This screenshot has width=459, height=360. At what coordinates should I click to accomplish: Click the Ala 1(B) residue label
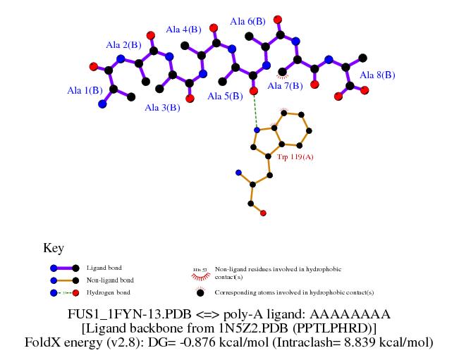(x=85, y=90)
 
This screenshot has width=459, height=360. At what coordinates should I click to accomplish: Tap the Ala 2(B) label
(x=123, y=45)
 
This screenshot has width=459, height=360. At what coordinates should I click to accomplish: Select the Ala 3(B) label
(x=162, y=108)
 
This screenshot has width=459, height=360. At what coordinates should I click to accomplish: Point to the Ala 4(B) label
(x=183, y=30)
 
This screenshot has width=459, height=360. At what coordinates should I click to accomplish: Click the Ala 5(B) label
(x=224, y=96)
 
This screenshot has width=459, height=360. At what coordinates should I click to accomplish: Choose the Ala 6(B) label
(x=247, y=22)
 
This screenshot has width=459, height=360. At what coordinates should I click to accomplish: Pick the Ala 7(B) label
(x=285, y=86)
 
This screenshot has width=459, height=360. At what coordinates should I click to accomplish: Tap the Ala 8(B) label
(x=377, y=75)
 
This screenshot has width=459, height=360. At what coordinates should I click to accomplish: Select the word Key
(x=54, y=248)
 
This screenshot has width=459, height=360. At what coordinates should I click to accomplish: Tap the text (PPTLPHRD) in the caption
(x=338, y=328)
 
